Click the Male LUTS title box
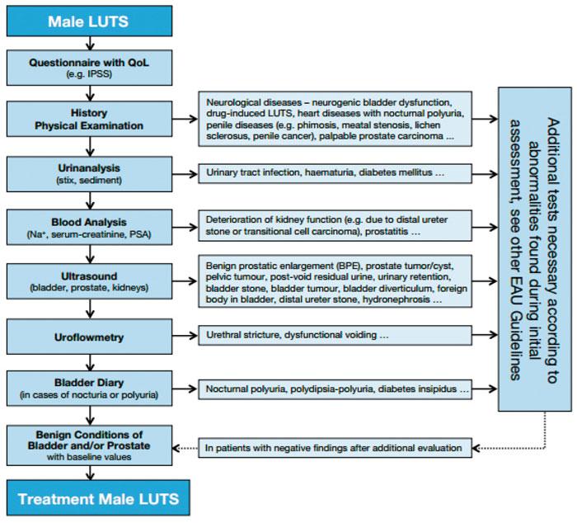coord(89,21)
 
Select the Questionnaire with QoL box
coord(89,68)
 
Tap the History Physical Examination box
coord(89,119)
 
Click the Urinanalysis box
coord(89,174)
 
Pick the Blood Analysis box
coord(89,227)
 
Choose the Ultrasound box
coord(89,281)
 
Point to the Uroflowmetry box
coord(89,337)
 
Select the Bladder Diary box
coord(89,389)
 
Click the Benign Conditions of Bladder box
coord(89,445)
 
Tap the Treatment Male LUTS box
coord(98,497)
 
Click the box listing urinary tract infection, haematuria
coord(335,173)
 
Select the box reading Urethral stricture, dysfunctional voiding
coord(335,335)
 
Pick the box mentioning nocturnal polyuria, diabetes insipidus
coord(335,389)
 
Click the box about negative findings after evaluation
coord(335,448)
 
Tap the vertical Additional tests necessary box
coord(535,249)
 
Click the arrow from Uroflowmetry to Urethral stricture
coord(185,336)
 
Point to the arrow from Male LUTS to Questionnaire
coord(90,44)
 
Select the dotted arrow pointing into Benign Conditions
coord(185,448)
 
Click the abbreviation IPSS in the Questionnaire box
coord(99,74)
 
